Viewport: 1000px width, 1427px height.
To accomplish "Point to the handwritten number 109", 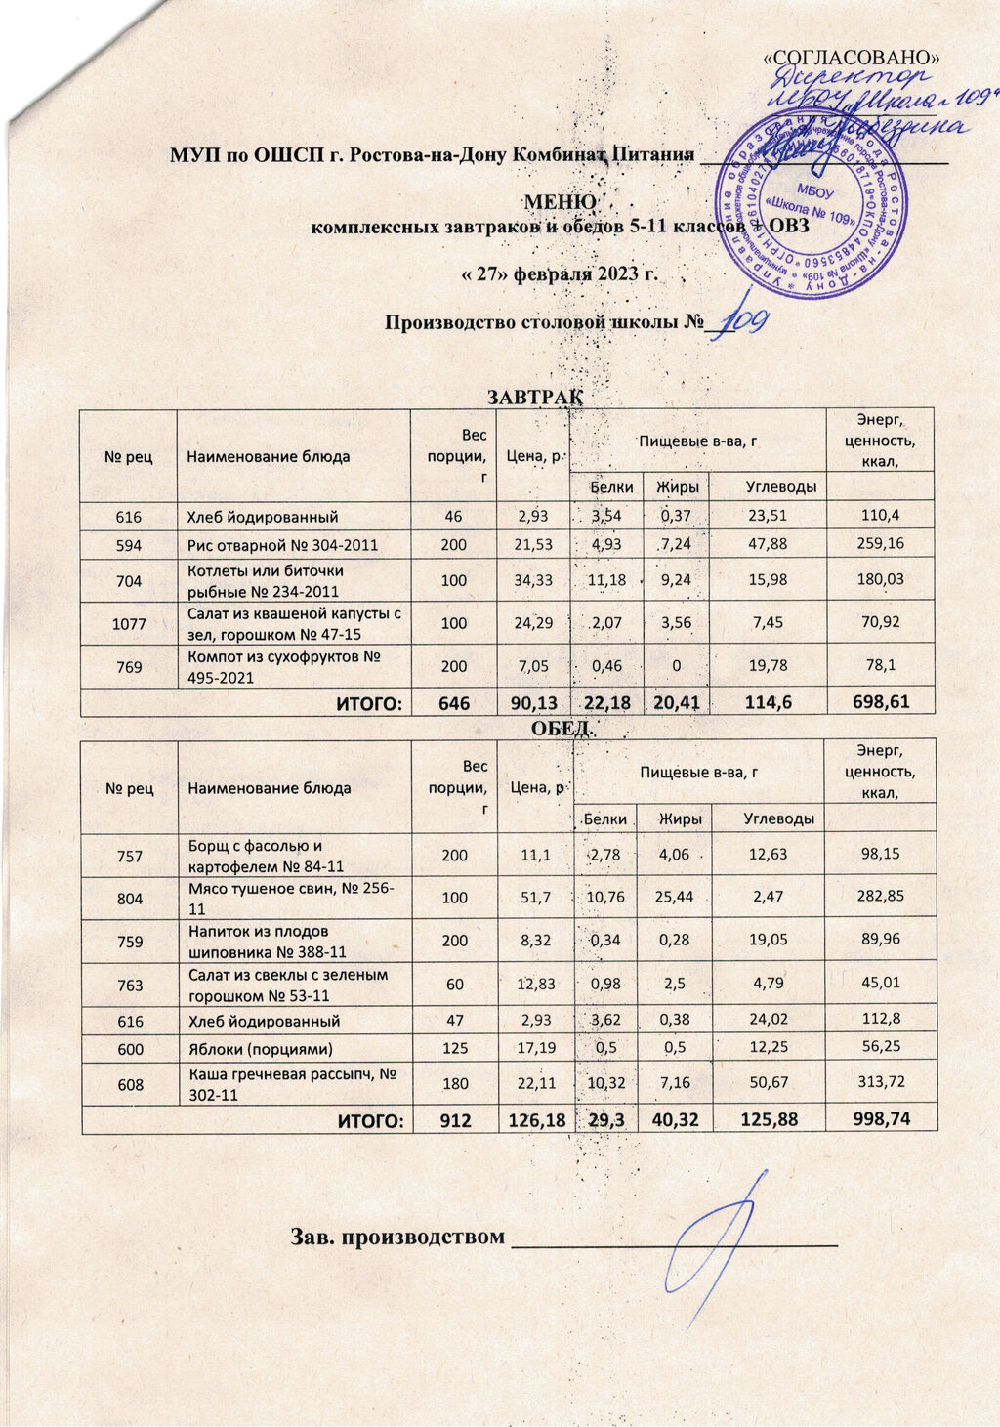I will (x=746, y=317).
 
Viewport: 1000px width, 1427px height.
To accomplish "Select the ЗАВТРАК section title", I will (x=534, y=397).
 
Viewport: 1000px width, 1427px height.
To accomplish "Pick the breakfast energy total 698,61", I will (x=880, y=701).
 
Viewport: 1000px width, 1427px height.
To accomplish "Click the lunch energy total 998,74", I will (x=880, y=1118).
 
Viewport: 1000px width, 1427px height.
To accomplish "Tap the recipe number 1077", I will (x=129, y=622).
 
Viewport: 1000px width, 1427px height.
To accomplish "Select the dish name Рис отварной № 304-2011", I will (x=281, y=545).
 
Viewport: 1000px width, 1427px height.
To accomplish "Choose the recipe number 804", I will (x=130, y=898).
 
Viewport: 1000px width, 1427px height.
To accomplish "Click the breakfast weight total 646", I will (x=454, y=703).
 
